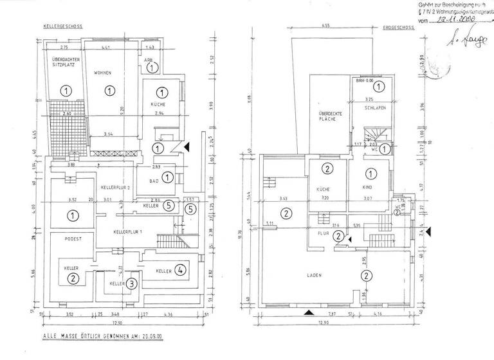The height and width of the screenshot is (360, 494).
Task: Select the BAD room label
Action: point(154,181)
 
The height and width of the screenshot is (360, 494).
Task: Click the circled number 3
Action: point(131,282)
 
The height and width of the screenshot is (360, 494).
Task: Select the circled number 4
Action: point(183,270)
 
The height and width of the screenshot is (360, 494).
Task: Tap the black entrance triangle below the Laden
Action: point(310,313)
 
